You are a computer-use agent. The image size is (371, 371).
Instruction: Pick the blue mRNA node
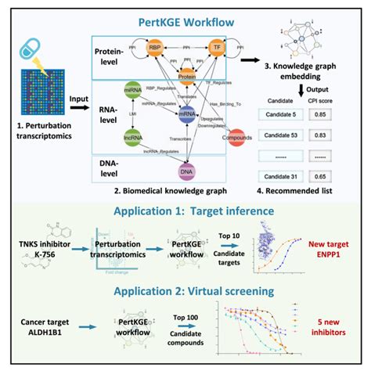coord(186,114)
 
